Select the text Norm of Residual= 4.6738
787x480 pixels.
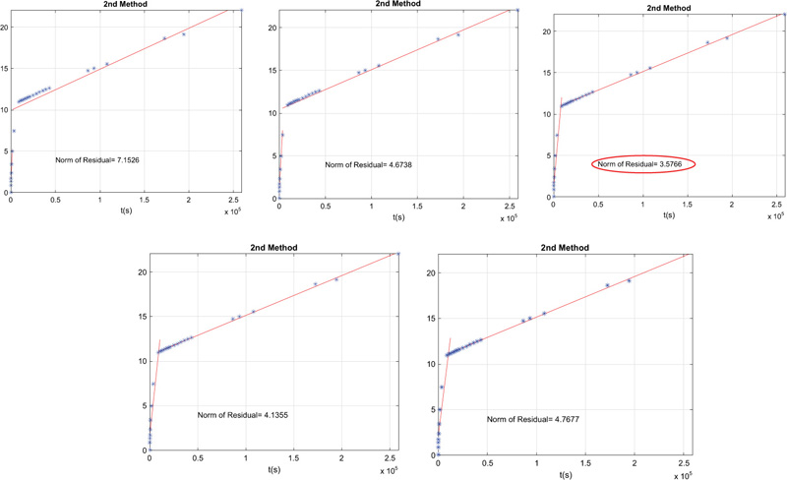(x=370, y=164)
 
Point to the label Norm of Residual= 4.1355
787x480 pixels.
(x=242, y=415)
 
